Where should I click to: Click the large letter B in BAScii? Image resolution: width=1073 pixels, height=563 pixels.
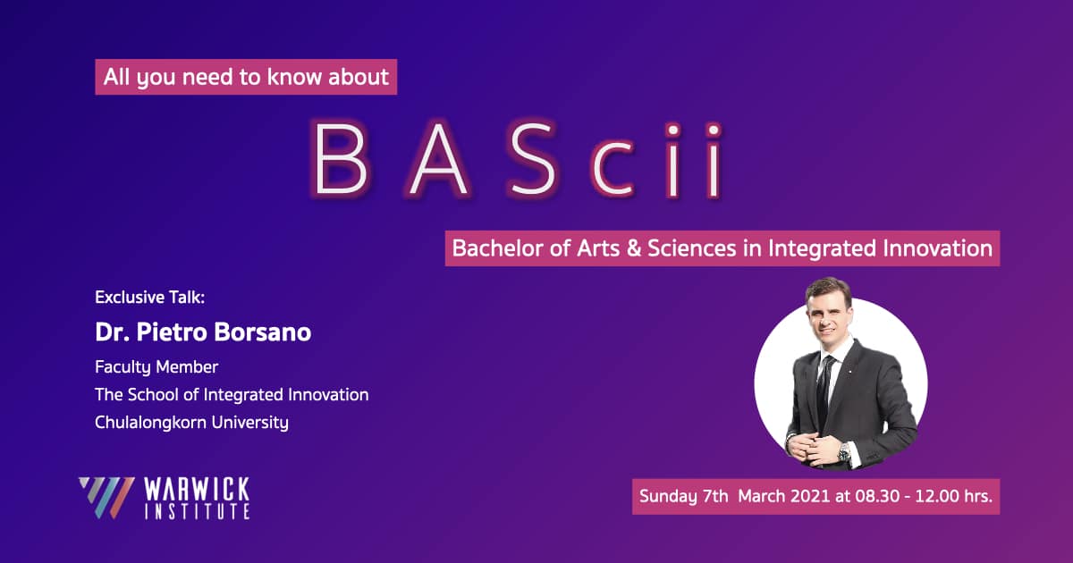(x=341, y=159)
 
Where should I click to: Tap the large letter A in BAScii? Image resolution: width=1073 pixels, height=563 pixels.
(x=439, y=159)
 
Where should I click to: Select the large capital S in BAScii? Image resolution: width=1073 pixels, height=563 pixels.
(x=532, y=159)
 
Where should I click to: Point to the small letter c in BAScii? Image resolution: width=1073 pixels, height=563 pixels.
(x=613, y=169)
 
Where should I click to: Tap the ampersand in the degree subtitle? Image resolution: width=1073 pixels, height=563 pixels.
(x=634, y=248)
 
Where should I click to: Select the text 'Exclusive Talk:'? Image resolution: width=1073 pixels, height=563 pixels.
(x=150, y=298)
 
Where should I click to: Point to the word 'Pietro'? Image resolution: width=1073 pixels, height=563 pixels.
(x=172, y=332)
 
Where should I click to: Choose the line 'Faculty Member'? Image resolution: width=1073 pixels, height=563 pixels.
(x=156, y=367)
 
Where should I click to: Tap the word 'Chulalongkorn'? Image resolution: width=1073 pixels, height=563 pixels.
(x=150, y=422)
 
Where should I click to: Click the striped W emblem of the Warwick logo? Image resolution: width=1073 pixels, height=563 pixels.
(x=106, y=498)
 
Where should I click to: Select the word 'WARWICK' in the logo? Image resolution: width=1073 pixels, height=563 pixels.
(x=197, y=490)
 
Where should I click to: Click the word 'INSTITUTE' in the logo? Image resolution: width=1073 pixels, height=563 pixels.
(x=197, y=511)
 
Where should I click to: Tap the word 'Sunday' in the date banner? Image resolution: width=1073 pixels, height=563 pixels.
(x=668, y=497)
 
